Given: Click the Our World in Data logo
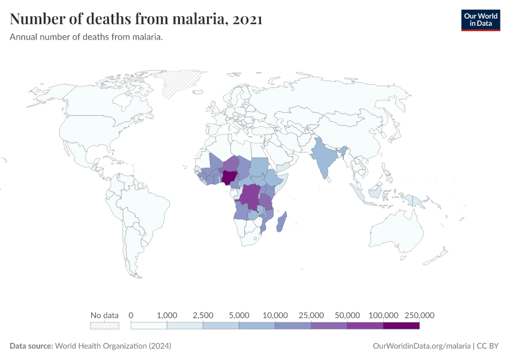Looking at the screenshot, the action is pos(480,20).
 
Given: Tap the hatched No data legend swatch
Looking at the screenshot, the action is pos(104,325).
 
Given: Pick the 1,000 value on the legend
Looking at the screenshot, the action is pos(167,315).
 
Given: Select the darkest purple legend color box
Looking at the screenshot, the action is pos(401,325).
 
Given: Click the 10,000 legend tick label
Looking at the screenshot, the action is pos(275,315).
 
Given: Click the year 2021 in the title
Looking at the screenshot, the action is pos(247,19).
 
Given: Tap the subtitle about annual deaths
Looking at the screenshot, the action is pos(86,37).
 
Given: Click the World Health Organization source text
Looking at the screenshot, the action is pos(113,346).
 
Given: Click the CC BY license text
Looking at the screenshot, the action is pos(488,346).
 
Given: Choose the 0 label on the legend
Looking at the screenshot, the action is pos(131,315).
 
